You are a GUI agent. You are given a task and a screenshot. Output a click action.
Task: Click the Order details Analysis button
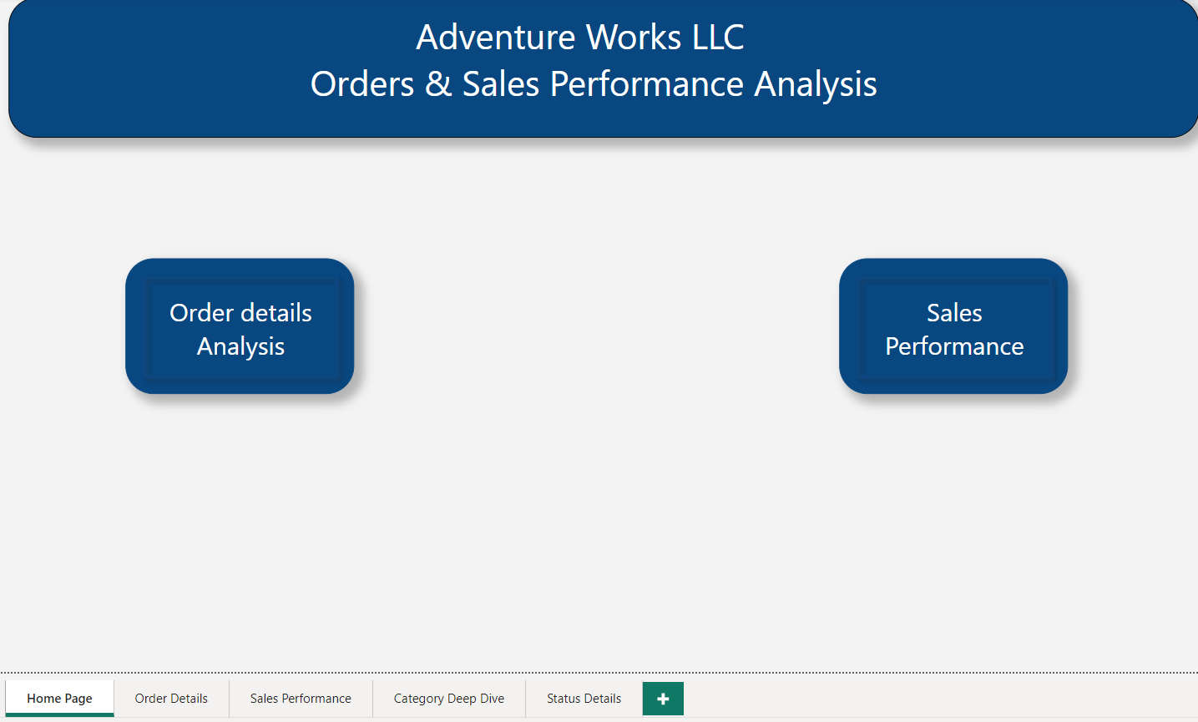tap(240, 326)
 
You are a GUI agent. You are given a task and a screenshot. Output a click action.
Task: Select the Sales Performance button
tap(953, 326)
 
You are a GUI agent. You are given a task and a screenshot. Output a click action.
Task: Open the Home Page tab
tap(59, 699)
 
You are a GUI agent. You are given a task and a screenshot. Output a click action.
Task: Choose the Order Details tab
tap(171, 699)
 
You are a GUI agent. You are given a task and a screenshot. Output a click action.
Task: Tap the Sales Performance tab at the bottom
tap(301, 699)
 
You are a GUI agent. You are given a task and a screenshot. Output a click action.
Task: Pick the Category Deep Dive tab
tap(449, 699)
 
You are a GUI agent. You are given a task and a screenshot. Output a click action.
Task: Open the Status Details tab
tap(584, 699)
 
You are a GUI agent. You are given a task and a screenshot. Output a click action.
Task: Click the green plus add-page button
tap(663, 699)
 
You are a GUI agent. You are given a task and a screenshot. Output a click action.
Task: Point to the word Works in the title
tap(634, 38)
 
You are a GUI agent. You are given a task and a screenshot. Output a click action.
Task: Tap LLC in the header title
tap(718, 38)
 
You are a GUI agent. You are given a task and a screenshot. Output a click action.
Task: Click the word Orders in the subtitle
tap(362, 84)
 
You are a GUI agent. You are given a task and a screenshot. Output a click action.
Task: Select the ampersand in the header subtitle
tap(438, 84)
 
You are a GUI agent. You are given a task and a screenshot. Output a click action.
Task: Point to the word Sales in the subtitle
tap(501, 84)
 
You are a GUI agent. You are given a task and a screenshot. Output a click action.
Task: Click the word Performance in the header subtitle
tap(647, 84)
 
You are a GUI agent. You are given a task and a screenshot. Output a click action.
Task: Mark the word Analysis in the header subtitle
tap(816, 84)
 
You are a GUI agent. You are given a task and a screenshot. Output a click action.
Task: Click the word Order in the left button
tap(201, 313)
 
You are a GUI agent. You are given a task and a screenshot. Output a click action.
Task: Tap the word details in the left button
tap(276, 313)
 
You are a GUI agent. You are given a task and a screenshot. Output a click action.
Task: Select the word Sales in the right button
tap(954, 313)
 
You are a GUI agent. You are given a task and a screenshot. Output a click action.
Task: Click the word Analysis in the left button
tap(240, 346)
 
